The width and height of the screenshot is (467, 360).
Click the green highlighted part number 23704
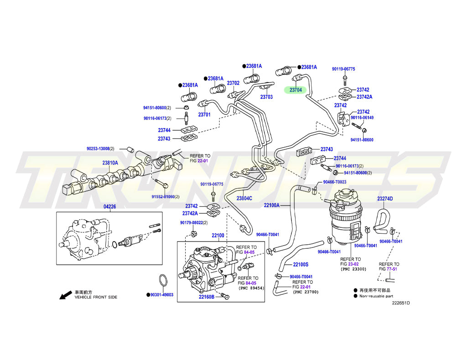(x=296, y=90)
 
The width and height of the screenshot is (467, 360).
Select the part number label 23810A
(x=110, y=163)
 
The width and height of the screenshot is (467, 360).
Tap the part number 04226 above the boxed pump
(x=110, y=206)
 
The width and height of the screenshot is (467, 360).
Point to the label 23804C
(x=244, y=198)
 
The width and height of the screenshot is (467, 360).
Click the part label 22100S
(x=301, y=264)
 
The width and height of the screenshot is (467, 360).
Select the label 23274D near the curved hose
(x=385, y=198)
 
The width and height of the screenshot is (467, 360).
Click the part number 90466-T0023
(x=334, y=182)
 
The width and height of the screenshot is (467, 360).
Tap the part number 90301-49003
(x=162, y=295)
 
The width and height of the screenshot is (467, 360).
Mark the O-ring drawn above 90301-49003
(x=163, y=280)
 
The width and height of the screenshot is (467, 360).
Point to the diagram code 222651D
(x=400, y=303)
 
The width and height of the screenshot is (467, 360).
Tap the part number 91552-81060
(x=163, y=196)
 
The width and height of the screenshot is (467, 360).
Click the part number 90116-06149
(x=362, y=118)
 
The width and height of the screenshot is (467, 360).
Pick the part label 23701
(x=204, y=115)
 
